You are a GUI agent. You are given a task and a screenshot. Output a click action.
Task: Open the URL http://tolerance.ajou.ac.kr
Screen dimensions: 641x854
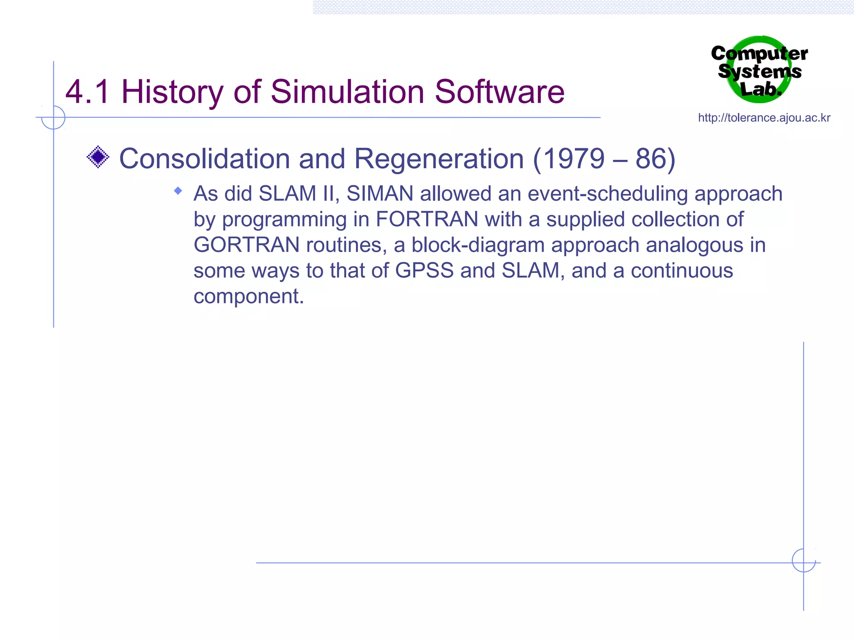[764, 118]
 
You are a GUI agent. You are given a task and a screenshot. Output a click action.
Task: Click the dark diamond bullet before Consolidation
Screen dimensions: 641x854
[98, 157]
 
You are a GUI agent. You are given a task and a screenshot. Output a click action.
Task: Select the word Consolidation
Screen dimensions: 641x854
[204, 159]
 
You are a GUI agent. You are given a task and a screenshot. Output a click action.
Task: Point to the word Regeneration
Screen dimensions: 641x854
[439, 159]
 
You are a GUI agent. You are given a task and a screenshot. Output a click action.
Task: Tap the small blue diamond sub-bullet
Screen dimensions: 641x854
[178, 191]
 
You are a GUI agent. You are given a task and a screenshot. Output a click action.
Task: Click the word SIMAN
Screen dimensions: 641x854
[380, 194]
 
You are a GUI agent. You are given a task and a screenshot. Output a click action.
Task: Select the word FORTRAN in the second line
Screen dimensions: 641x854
[427, 220]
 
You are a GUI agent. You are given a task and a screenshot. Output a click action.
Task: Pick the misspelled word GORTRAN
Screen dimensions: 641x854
[246, 245]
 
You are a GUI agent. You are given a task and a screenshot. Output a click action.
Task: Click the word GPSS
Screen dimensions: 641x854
[424, 270]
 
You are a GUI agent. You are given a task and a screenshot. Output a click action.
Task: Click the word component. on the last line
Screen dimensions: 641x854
[249, 296]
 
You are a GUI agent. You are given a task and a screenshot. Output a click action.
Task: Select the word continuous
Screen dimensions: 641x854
[682, 270]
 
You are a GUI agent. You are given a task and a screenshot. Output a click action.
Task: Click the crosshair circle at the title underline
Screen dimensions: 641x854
[53, 117]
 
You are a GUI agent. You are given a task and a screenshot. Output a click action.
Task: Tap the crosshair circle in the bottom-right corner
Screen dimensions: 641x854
[804, 560]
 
